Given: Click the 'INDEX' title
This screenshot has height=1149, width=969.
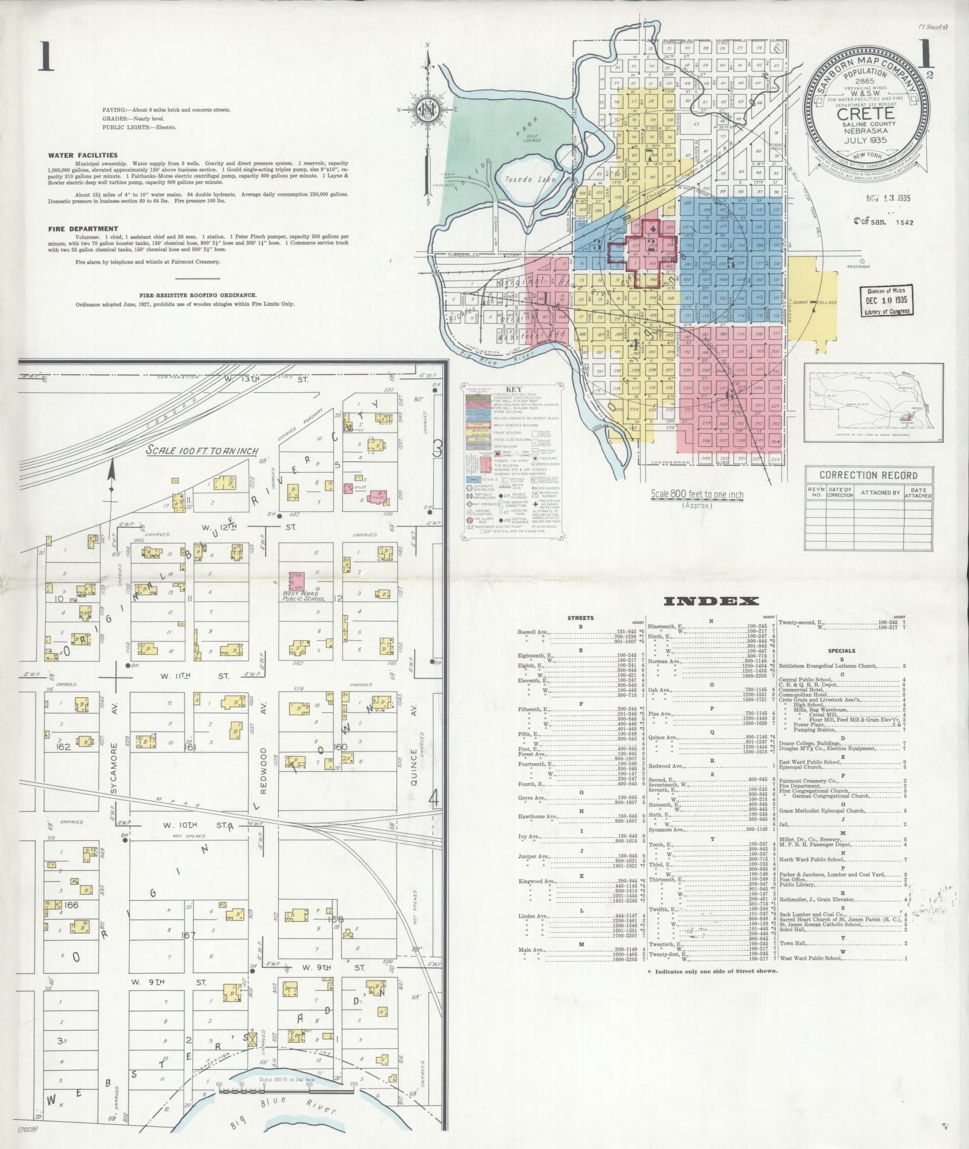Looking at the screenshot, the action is [712, 601].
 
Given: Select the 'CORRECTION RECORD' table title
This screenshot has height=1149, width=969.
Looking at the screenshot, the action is [868, 475].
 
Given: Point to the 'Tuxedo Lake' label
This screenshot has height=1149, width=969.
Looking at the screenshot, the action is [522, 180].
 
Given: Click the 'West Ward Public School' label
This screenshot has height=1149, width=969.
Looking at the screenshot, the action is [304, 596].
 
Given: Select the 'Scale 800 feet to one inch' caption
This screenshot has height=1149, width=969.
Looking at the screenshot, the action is [697, 495].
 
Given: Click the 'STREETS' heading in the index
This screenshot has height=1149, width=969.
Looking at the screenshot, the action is [580, 617].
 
